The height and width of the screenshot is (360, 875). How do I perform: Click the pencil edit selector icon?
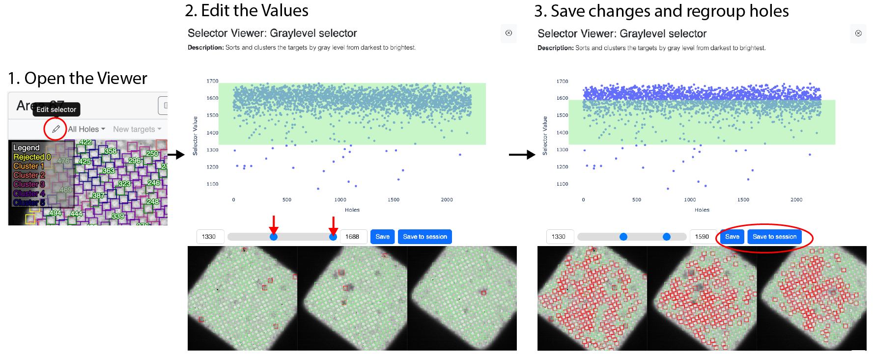pyautogui.click(x=56, y=129)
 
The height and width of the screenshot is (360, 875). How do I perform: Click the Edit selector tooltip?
pyautogui.click(x=56, y=110)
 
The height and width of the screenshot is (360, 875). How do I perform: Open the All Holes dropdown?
pyautogui.click(x=86, y=129)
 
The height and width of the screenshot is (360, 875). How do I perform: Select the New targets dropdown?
pyautogui.click(x=137, y=129)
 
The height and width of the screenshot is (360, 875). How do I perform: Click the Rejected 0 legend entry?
pyautogui.click(x=31, y=157)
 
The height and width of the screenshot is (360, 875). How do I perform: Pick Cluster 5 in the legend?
pyautogui.click(x=29, y=202)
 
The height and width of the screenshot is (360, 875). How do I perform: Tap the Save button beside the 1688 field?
pyautogui.click(x=382, y=237)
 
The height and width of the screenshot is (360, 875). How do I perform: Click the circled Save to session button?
pyautogui.click(x=774, y=237)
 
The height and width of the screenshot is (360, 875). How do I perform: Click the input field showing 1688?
pyautogui.click(x=352, y=237)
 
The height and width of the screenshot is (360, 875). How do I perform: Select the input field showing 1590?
pyautogui.click(x=702, y=237)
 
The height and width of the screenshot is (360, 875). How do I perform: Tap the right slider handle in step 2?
pyautogui.click(x=333, y=237)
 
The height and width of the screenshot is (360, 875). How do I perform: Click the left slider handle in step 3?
pyautogui.click(x=623, y=237)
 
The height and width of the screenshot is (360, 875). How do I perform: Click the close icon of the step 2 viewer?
pyautogui.click(x=508, y=33)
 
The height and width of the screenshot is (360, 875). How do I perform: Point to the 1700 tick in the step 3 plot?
pyautogui.click(x=562, y=82)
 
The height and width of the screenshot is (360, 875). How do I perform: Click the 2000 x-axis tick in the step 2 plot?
pyautogui.click(x=447, y=200)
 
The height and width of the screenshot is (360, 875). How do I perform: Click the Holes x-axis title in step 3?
pyautogui.click(x=702, y=210)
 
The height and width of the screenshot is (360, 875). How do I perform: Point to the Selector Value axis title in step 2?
pyautogui.click(x=195, y=136)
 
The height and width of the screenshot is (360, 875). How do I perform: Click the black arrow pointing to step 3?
pyautogui.click(x=522, y=155)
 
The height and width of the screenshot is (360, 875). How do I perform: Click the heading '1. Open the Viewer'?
pyautogui.click(x=78, y=79)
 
